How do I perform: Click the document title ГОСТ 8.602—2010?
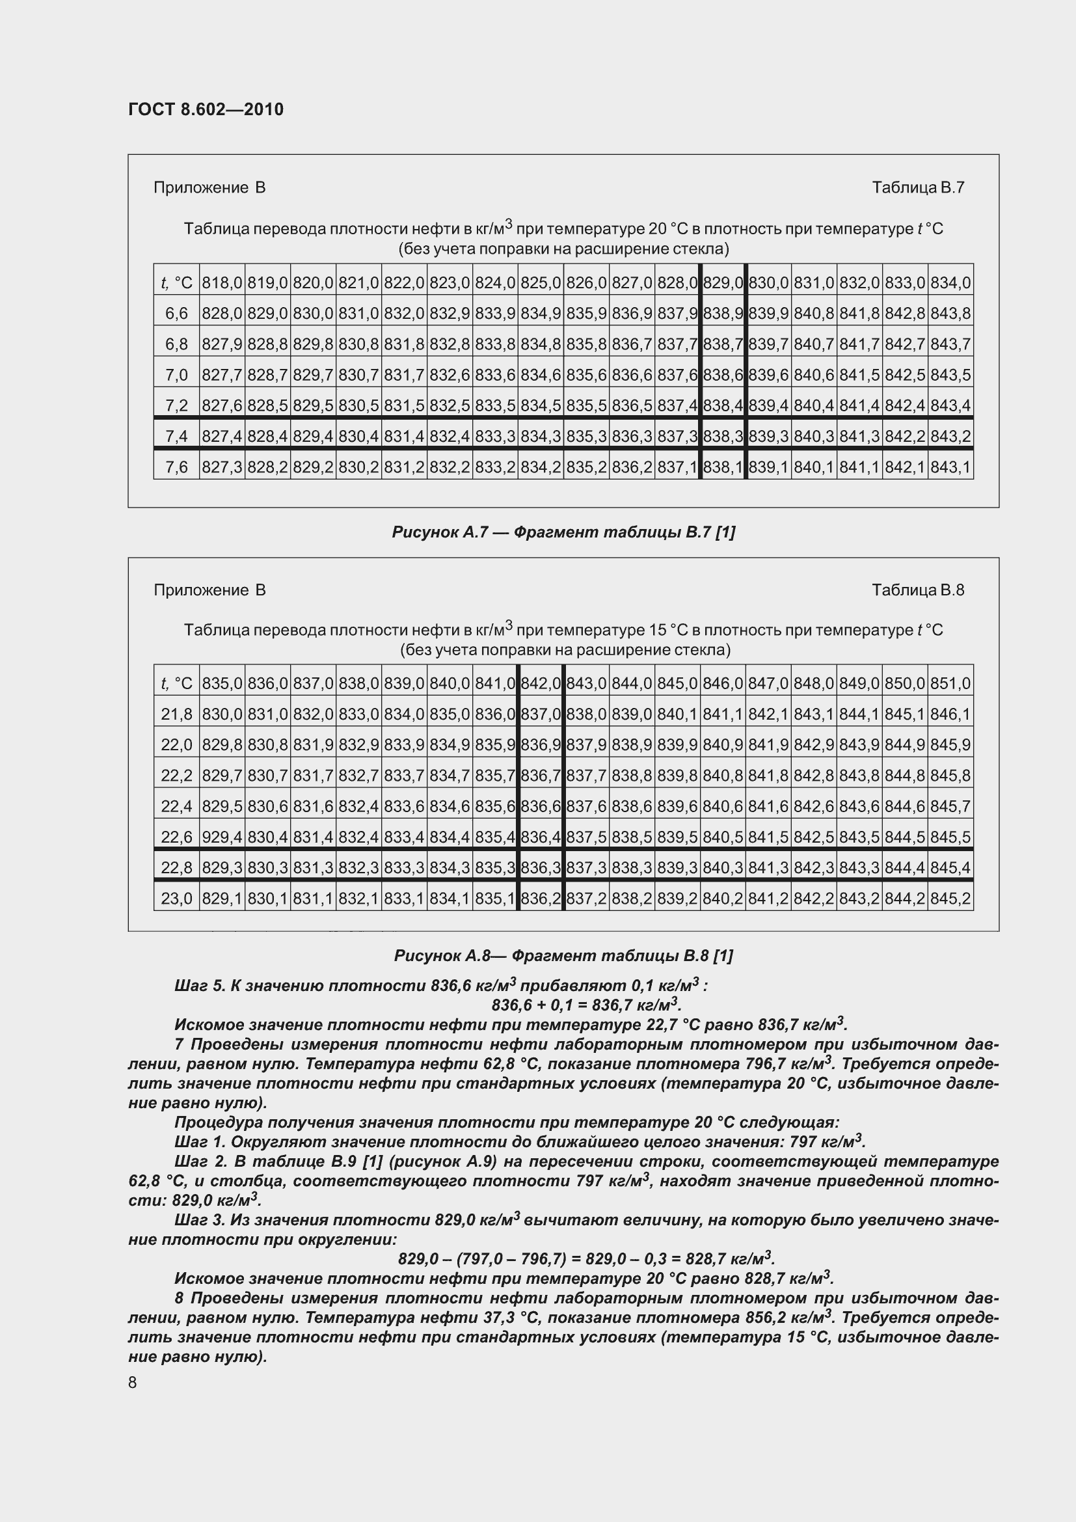pos(206,109)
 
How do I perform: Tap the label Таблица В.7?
pos(918,187)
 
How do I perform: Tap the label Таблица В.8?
pos(918,590)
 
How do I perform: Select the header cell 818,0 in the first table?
pos(222,283)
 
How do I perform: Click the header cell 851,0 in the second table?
pos(950,683)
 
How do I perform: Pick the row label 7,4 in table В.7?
pos(176,436)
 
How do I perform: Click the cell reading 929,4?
pos(222,837)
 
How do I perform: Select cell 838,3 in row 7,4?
pos(722,436)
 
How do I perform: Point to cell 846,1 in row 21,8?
pos(950,714)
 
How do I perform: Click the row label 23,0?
pos(176,899)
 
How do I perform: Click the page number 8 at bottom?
pos(133,1382)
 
